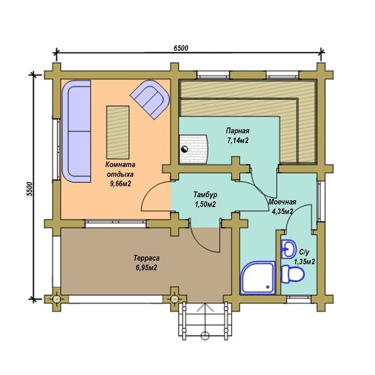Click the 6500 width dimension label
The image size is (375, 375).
click(x=181, y=48)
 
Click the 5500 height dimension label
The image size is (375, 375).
click(x=29, y=189)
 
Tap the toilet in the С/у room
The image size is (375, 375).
click(x=293, y=273)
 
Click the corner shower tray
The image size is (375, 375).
click(x=258, y=277)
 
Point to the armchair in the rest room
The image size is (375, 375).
click(x=150, y=99)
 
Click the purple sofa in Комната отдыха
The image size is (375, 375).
click(x=76, y=131)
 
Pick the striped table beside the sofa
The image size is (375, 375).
click(x=118, y=132)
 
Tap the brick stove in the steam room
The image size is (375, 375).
click(x=193, y=149)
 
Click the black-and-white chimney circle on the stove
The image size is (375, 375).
click(x=185, y=149)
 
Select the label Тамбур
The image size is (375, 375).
click(x=205, y=194)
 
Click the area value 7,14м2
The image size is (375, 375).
click(x=238, y=140)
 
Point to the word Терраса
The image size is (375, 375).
click(x=147, y=258)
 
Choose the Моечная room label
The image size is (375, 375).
click(x=282, y=202)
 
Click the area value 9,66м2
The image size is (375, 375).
click(x=120, y=184)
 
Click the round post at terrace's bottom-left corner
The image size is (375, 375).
click(x=56, y=299)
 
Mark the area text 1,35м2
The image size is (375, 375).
click(x=304, y=261)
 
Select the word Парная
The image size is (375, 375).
click(x=238, y=131)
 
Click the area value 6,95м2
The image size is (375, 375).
click(x=147, y=268)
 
